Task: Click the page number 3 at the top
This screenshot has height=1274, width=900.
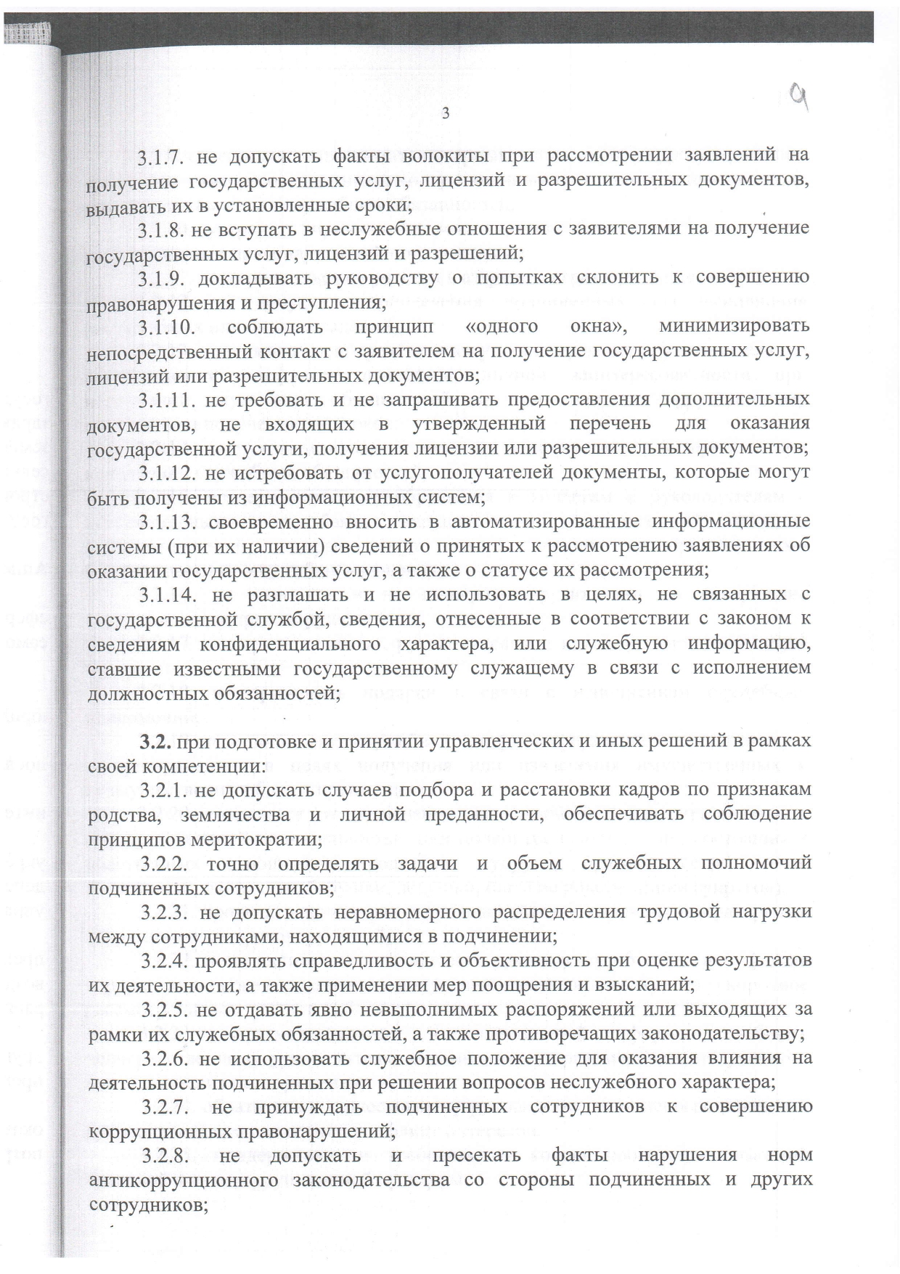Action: click(446, 113)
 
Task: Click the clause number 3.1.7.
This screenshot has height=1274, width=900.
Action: click(165, 157)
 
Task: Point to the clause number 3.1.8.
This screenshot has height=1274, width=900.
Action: click(165, 230)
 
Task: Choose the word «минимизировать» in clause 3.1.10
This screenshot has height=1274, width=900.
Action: click(734, 327)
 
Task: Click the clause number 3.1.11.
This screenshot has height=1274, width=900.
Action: click(168, 400)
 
